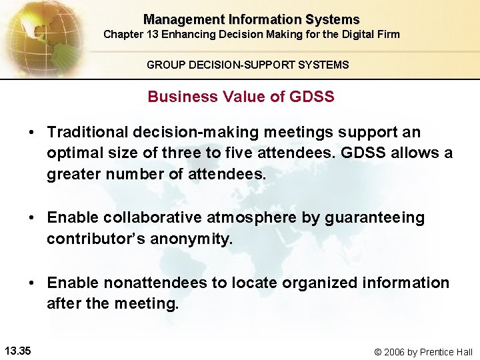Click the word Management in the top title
pos(175,20)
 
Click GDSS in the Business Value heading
pos(312,97)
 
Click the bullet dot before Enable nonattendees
pos(32,283)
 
